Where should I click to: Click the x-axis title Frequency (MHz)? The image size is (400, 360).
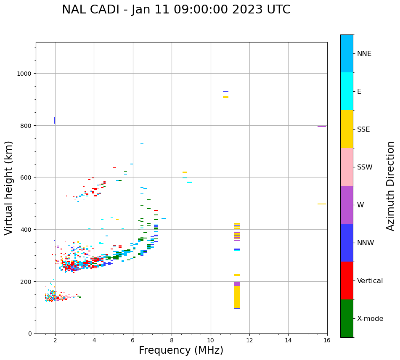click(181, 350)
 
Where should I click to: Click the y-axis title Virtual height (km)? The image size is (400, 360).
click(9, 188)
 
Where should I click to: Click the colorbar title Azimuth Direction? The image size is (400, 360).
click(391, 186)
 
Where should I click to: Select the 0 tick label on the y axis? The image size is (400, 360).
click(30, 334)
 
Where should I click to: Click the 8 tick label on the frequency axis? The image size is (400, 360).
click(172, 341)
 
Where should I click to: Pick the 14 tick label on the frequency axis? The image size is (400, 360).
click(288, 341)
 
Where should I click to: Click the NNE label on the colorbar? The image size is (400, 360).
click(364, 54)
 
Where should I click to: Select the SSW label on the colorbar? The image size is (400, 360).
click(365, 167)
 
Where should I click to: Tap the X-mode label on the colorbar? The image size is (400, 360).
click(370, 319)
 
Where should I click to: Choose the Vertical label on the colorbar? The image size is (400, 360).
click(370, 281)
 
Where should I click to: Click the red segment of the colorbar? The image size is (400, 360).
click(347, 281)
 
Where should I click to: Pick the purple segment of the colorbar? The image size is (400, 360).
click(347, 205)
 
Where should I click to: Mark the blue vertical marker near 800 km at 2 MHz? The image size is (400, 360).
click(55, 120)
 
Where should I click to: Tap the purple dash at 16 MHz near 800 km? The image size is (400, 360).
click(322, 127)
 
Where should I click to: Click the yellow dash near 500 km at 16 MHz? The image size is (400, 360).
click(322, 204)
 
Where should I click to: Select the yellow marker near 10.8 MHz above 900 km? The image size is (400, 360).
click(226, 97)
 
